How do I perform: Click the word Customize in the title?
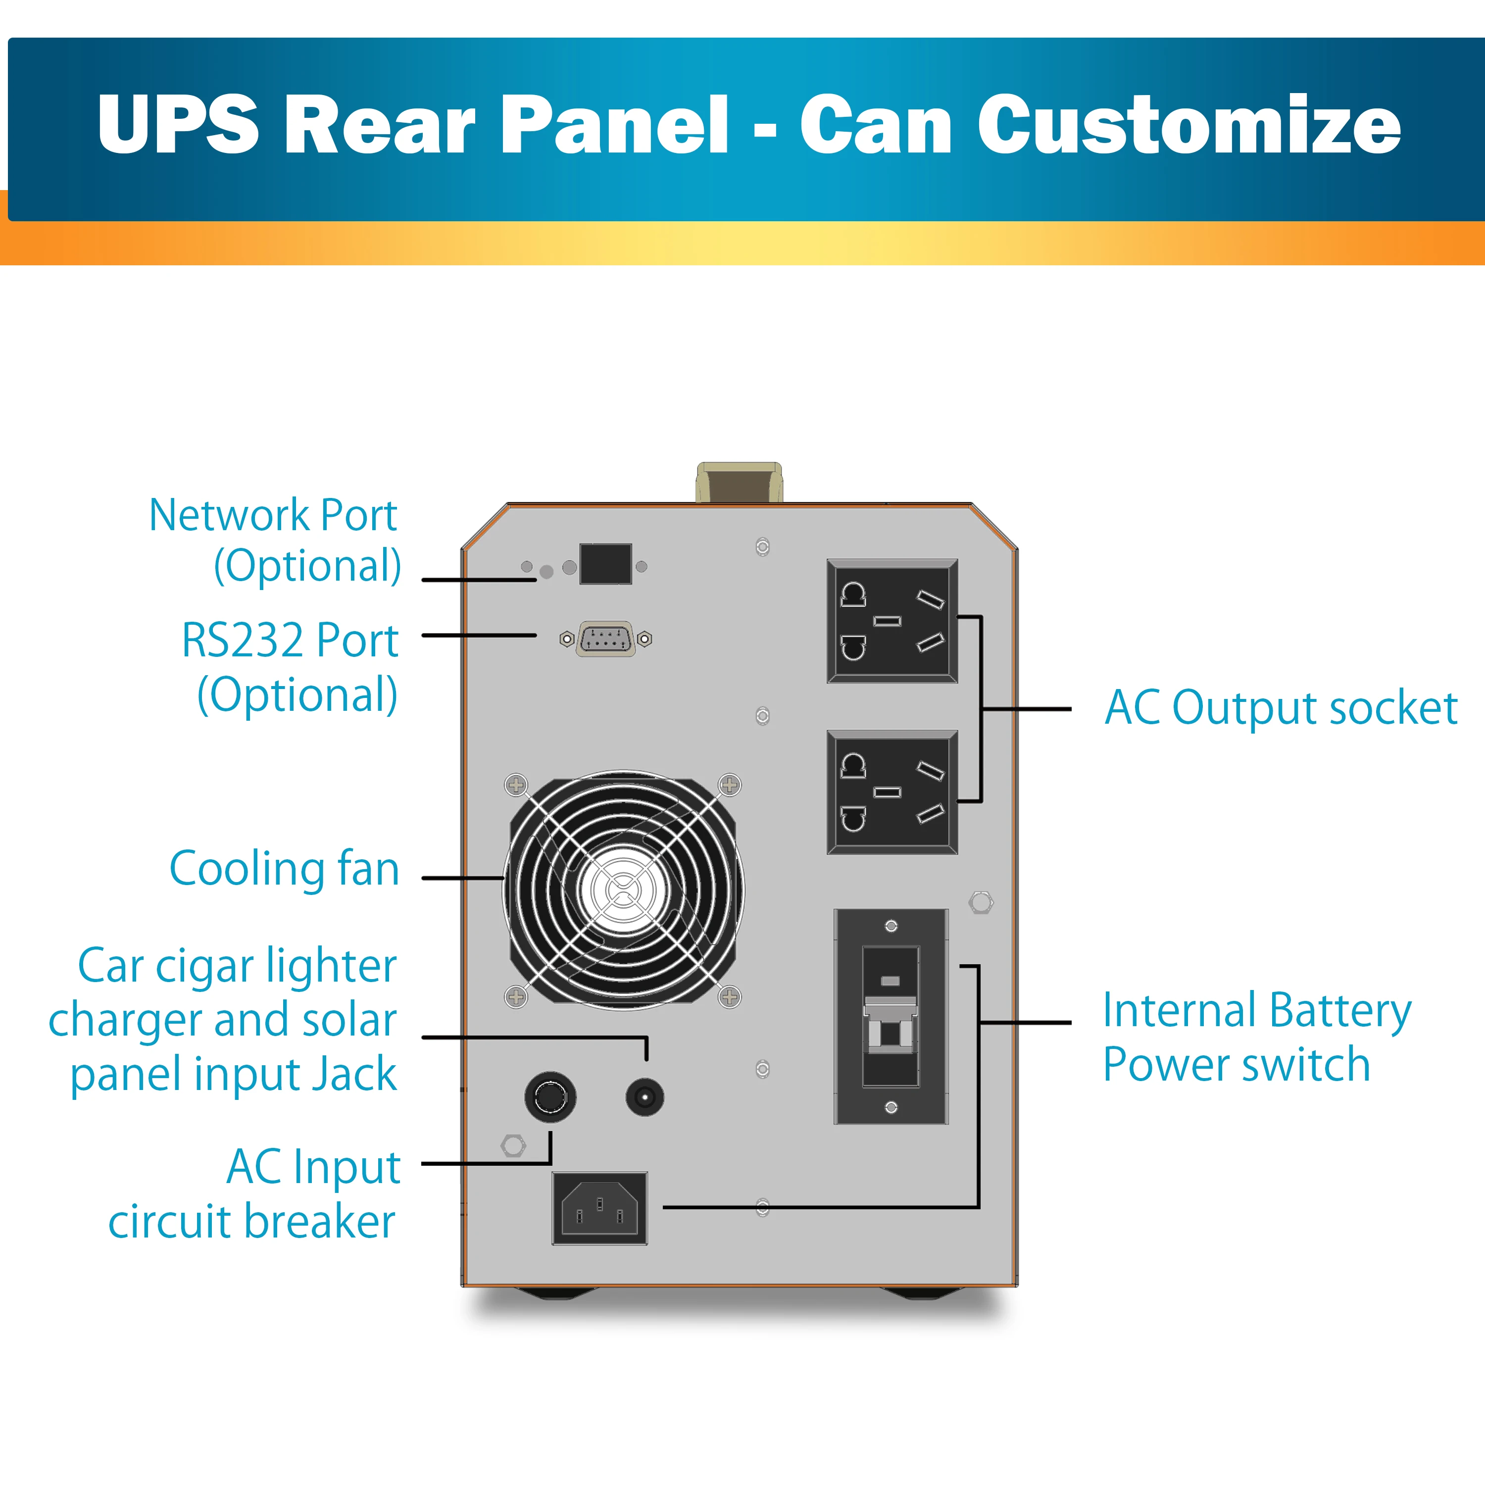click(1188, 125)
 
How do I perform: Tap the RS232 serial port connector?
click(606, 639)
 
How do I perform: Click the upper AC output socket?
click(891, 621)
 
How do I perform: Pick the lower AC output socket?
click(891, 792)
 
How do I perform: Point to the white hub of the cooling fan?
click(623, 890)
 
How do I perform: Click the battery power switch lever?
click(890, 1022)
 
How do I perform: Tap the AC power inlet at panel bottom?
click(599, 1208)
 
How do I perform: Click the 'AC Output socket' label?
click(1281, 708)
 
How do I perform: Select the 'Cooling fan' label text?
click(285, 869)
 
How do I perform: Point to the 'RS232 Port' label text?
click(290, 640)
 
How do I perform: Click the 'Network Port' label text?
click(273, 515)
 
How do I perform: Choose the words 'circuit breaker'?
click(252, 1222)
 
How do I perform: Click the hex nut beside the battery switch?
click(981, 902)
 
